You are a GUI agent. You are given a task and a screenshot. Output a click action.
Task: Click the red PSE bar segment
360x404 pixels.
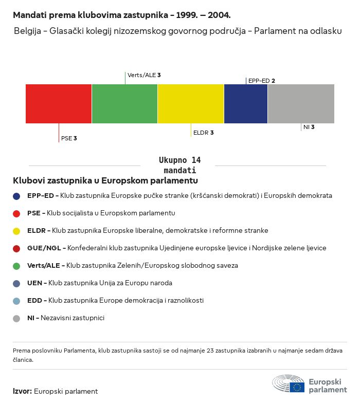tap(59, 104)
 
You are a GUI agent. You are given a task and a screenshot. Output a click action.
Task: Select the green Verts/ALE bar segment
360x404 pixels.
tap(124, 104)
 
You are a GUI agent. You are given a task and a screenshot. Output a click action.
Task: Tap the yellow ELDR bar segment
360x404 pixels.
tap(191, 104)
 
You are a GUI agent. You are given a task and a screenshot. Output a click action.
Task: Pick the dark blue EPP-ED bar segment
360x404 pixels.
tap(246, 104)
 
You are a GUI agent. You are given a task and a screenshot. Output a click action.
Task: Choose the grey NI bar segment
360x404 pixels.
tap(301, 104)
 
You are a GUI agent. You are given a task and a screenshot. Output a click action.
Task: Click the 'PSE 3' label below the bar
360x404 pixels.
tap(69, 138)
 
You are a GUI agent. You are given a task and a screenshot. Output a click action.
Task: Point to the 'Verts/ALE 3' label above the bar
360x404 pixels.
tap(144, 75)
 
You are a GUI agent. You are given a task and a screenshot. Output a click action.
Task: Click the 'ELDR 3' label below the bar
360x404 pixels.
tap(203, 133)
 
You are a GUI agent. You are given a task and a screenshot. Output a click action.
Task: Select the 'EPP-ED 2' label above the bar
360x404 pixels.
tap(261, 81)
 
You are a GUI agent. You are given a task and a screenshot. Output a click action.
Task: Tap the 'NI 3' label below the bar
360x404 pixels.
tap(309, 127)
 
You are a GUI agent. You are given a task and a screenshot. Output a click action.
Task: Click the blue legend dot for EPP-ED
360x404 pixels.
tap(16, 196)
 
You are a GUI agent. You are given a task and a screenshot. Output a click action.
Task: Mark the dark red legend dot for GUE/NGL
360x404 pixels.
tap(16, 248)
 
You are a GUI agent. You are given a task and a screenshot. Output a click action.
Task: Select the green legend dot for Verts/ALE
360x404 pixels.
tap(16, 266)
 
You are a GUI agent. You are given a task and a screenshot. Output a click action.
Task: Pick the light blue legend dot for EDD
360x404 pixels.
tap(16, 301)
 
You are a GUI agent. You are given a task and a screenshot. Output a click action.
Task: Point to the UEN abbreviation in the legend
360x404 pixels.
tap(34, 283)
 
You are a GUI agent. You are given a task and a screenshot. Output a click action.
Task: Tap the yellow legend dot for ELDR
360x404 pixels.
tap(16, 231)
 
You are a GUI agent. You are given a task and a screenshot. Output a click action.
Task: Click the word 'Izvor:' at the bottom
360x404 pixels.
tap(22, 391)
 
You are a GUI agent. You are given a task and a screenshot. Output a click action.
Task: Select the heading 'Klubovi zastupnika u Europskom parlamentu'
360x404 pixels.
tap(105, 181)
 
